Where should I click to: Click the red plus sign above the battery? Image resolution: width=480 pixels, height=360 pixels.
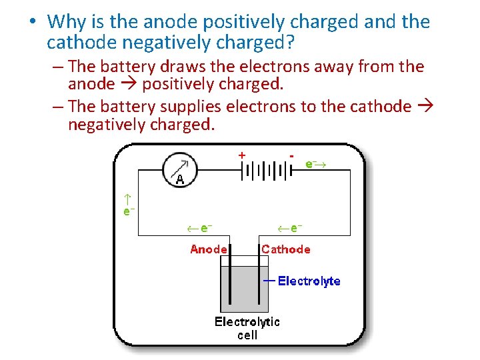(x=241, y=154)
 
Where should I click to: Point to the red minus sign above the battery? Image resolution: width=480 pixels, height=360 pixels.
(x=292, y=154)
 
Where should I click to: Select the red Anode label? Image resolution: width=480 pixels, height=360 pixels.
(x=209, y=249)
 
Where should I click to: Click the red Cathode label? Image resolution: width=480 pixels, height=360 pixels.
(x=286, y=249)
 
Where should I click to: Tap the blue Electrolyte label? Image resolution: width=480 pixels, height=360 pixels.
(x=309, y=281)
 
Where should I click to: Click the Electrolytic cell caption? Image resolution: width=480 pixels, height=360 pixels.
(x=247, y=328)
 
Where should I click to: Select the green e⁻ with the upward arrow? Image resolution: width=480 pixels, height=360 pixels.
(x=129, y=205)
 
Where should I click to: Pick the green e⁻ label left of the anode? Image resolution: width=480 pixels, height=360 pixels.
(x=199, y=228)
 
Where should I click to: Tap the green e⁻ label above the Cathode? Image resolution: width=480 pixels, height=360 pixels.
(x=291, y=228)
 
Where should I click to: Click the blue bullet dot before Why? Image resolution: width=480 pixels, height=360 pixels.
(x=32, y=22)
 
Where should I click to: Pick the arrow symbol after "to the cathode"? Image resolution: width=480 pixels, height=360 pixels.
(x=426, y=107)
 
